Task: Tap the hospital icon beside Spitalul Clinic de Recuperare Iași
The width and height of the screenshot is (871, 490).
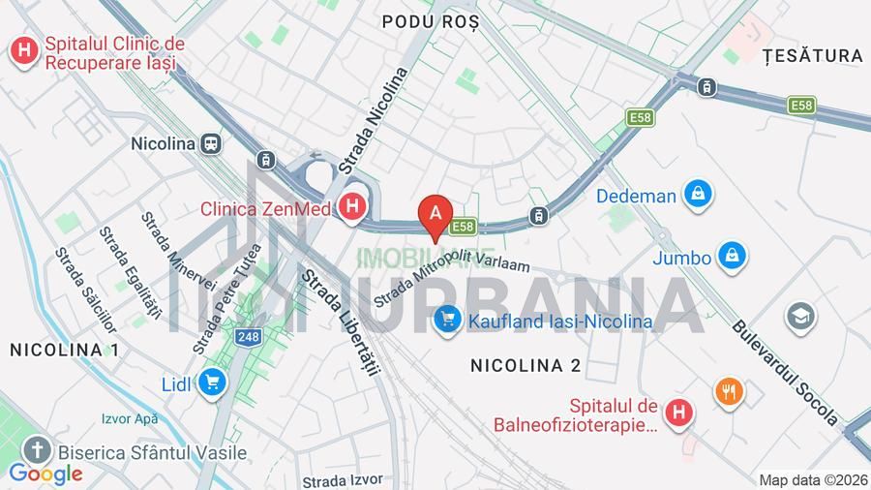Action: tap(24, 50)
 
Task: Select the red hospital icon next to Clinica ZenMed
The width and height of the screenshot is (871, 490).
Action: tap(353, 207)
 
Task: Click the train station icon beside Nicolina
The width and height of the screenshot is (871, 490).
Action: tap(211, 143)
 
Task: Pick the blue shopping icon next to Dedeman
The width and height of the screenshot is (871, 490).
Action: tap(697, 195)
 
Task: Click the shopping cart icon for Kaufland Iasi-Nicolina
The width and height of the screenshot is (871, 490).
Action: tap(447, 320)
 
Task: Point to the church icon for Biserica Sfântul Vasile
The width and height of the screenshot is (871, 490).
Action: tap(37, 450)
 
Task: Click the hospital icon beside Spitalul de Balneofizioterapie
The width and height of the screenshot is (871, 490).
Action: tap(680, 413)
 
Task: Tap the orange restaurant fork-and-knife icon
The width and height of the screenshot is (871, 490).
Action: tap(729, 392)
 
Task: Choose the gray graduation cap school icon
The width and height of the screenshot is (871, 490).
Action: tap(800, 317)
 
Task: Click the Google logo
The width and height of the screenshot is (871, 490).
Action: tap(45, 474)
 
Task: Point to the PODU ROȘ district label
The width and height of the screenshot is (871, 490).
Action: tap(431, 22)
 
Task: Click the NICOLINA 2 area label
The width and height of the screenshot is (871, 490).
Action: tap(526, 365)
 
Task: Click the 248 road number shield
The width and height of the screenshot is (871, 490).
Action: tap(248, 337)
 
